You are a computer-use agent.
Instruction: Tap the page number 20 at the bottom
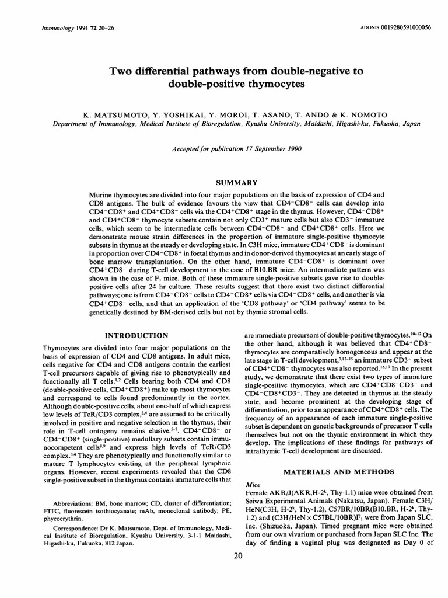(x=237, y=556)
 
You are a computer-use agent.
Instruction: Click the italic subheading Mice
(x=246, y=484)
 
